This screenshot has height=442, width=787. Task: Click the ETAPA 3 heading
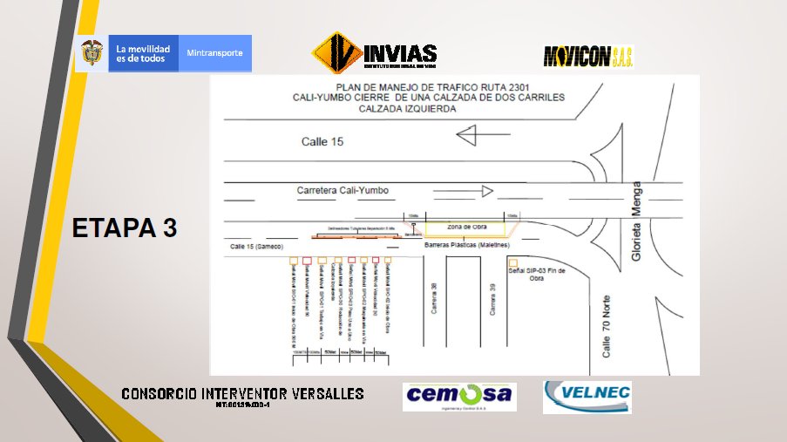(125, 228)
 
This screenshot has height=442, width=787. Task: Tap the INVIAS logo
(375, 51)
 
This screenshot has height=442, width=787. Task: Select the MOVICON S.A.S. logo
(588, 56)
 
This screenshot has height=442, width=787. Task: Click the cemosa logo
(458, 397)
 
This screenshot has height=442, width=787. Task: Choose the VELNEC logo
(587, 397)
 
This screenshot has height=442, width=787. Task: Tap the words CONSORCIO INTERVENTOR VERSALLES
(242, 393)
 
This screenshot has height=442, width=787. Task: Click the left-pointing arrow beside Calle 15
(476, 135)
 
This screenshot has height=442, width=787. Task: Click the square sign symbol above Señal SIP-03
(512, 262)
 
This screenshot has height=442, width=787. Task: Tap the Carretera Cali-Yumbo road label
(343, 190)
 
